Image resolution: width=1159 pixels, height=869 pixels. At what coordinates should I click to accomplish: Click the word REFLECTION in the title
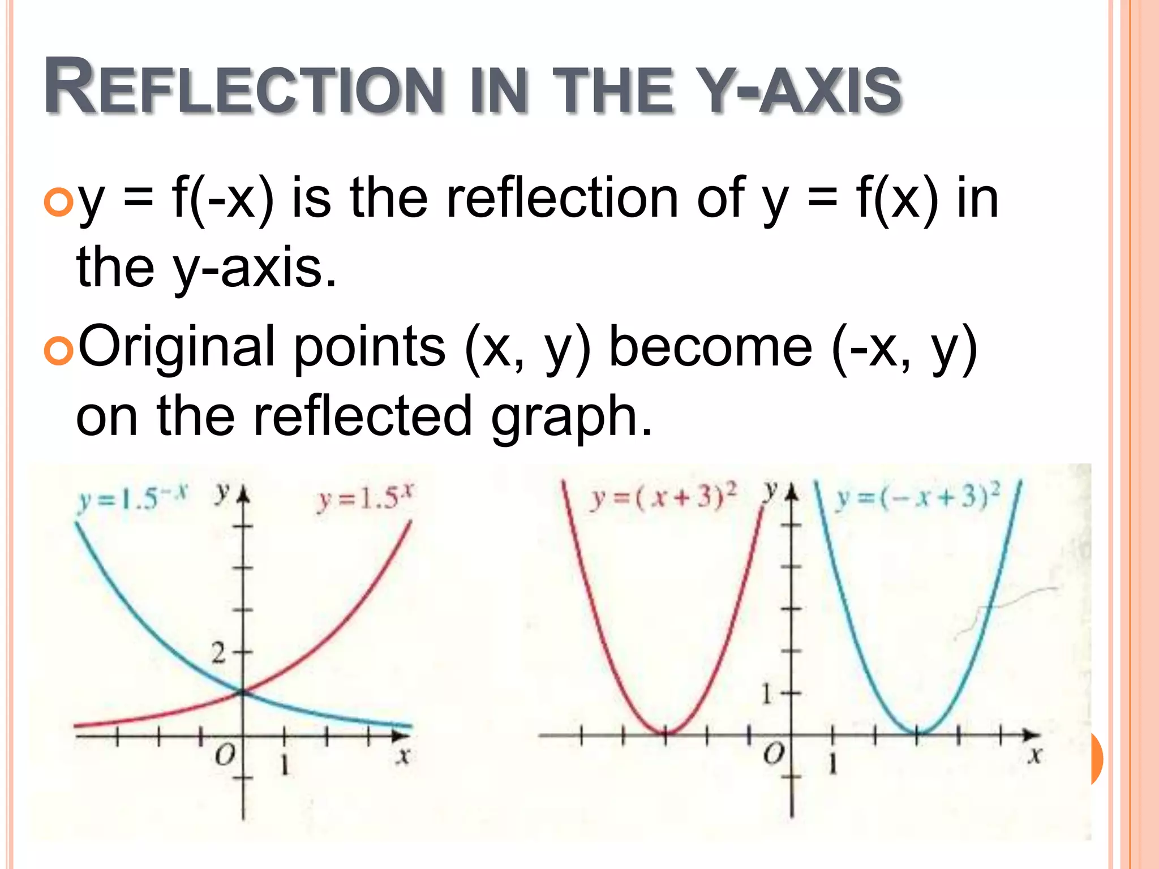(243, 88)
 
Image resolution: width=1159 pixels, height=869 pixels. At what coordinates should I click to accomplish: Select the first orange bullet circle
(58, 202)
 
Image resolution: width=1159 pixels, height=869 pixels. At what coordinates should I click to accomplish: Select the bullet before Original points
(58, 351)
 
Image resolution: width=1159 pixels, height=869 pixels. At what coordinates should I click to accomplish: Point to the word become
(710, 346)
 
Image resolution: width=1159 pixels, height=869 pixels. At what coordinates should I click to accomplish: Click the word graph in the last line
(572, 418)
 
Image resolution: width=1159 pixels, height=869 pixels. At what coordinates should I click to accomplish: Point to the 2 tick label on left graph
(219, 653)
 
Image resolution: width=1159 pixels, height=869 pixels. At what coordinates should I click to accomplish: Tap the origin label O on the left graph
(225, 754)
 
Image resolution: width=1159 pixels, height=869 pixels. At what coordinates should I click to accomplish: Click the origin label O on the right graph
(774, 754)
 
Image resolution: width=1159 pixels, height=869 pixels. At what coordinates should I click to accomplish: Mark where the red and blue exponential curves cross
(243, 691)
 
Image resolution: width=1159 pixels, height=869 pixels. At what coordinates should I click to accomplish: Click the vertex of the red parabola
(666, 733)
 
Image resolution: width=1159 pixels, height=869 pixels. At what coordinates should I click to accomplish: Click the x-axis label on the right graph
(1035, 755)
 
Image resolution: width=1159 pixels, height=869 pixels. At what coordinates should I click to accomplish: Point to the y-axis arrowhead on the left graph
(243, 496)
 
